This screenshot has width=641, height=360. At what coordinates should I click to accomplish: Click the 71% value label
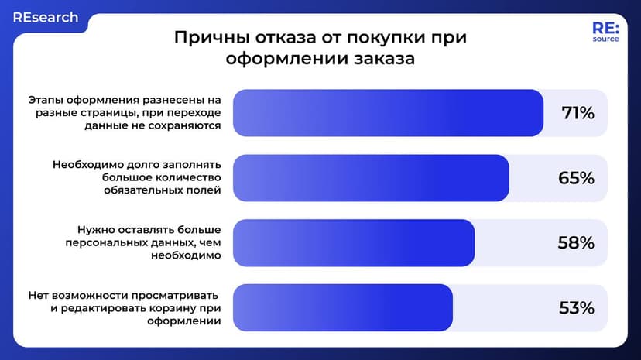click(x=578, y=113)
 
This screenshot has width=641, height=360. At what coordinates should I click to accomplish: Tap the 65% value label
click(x=576, y=178)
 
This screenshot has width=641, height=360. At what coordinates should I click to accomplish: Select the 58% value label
click(x=576, y=243)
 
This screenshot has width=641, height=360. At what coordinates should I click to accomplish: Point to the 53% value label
click(x=576, y=308)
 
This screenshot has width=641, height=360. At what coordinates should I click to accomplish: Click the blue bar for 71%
click(x=387, y=113)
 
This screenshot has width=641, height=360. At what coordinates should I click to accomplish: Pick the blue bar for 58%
click(x=353, y=243)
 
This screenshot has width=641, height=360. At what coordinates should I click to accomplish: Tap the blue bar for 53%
click(x=342, y=308)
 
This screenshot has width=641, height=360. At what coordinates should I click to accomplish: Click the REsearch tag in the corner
click(x=45, y=17)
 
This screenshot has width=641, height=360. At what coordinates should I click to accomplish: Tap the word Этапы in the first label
click(x=49, y=100)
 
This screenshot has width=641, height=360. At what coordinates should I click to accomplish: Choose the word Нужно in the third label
click(x=97, y=230)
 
